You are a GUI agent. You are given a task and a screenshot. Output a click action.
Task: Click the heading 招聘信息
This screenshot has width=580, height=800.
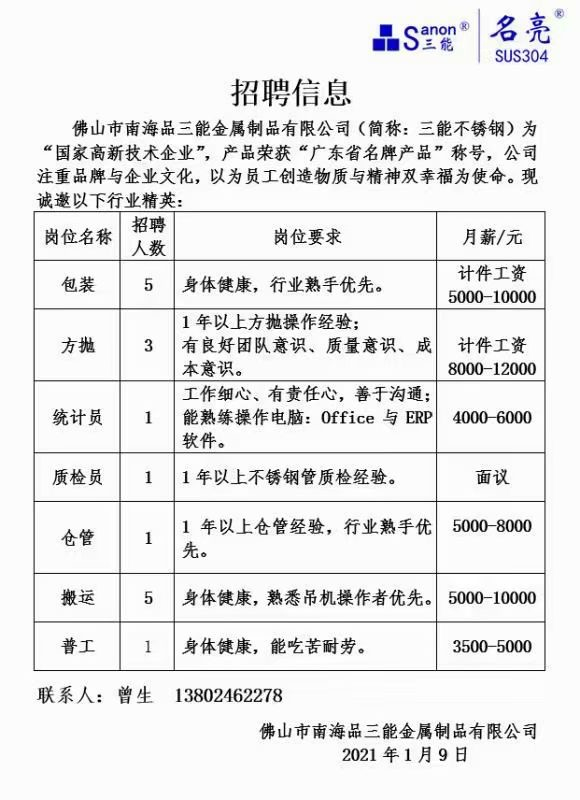291,92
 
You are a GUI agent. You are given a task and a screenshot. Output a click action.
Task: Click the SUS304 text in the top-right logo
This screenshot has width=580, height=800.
521,56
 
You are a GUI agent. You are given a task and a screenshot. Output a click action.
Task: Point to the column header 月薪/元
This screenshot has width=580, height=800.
492,237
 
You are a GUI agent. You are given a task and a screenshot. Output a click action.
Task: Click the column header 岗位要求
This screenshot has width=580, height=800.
307,237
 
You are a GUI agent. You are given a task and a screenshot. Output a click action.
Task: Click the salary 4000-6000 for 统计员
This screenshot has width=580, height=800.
492,418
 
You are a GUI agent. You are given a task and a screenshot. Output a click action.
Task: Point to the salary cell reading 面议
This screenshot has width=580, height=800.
492,478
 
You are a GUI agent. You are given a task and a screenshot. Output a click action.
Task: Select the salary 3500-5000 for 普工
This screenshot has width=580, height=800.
492,647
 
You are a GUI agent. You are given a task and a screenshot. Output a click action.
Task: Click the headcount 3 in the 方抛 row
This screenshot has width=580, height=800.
149,346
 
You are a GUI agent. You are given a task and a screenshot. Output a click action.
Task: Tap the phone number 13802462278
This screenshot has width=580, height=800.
228,695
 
